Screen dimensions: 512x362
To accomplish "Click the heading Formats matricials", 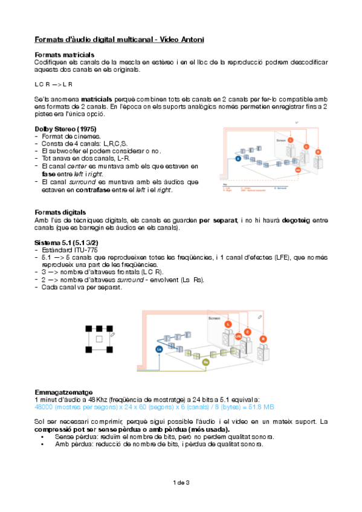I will click(64, 55).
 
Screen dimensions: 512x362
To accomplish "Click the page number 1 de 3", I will click(181, 482).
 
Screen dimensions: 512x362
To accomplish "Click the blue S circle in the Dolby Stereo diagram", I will click(238, 158).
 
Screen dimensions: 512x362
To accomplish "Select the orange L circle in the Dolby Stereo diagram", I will click(289, 140).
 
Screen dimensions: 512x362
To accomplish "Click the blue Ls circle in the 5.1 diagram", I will click(159, 349).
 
